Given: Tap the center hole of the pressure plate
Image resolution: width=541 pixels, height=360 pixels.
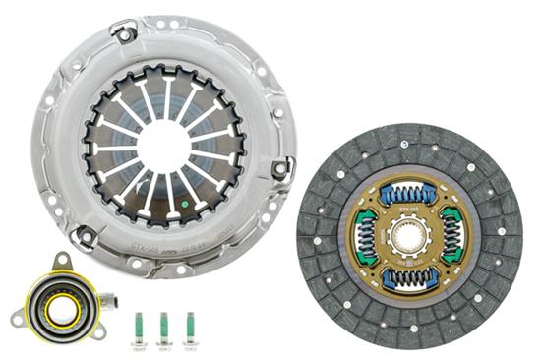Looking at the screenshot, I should pos(162,145).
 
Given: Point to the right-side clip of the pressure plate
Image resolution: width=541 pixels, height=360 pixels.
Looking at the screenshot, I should pos(280,168).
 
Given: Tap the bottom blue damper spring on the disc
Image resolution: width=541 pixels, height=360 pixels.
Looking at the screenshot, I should pos(410,278).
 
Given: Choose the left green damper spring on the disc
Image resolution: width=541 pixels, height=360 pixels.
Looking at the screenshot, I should pos(366,236).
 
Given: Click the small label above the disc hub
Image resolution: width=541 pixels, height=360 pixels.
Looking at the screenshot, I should pos(410,210).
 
